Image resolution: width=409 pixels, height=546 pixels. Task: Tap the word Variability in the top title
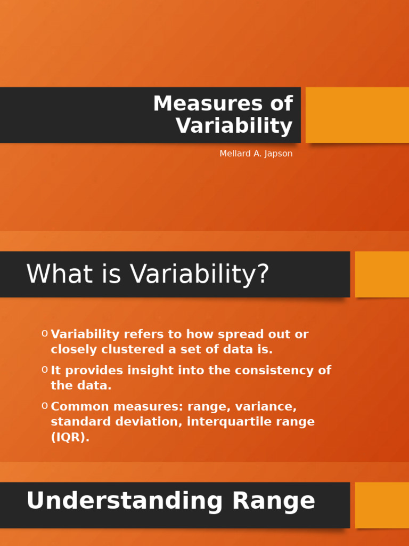(234, 126)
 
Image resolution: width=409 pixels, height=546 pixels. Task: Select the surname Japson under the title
(278, 154)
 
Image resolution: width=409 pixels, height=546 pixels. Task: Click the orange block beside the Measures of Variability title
(357, 115)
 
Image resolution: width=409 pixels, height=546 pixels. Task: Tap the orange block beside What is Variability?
(382, 274)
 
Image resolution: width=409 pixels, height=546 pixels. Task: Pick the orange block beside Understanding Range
(382, 505)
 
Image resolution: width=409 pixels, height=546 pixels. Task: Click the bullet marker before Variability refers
(45, 334)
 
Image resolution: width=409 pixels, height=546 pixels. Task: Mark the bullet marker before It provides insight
(45, 370)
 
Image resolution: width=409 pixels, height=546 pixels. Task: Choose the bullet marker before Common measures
(45, 406)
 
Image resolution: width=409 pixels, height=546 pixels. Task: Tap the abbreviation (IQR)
(70, 437)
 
